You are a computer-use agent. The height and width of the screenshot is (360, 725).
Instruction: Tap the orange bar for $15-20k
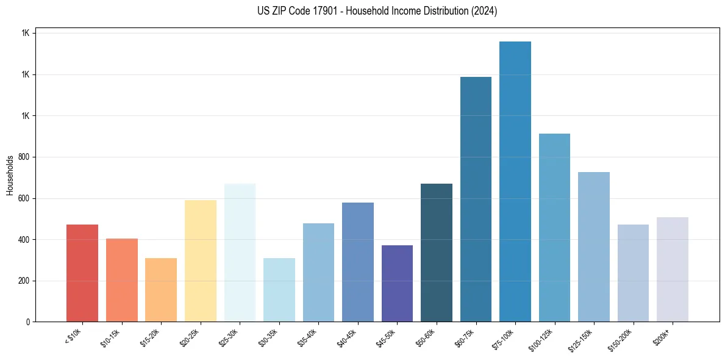pyautogui.click(x=161, y=290)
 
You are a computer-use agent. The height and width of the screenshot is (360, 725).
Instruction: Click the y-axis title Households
pyautogui.click(x=10, y=175)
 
